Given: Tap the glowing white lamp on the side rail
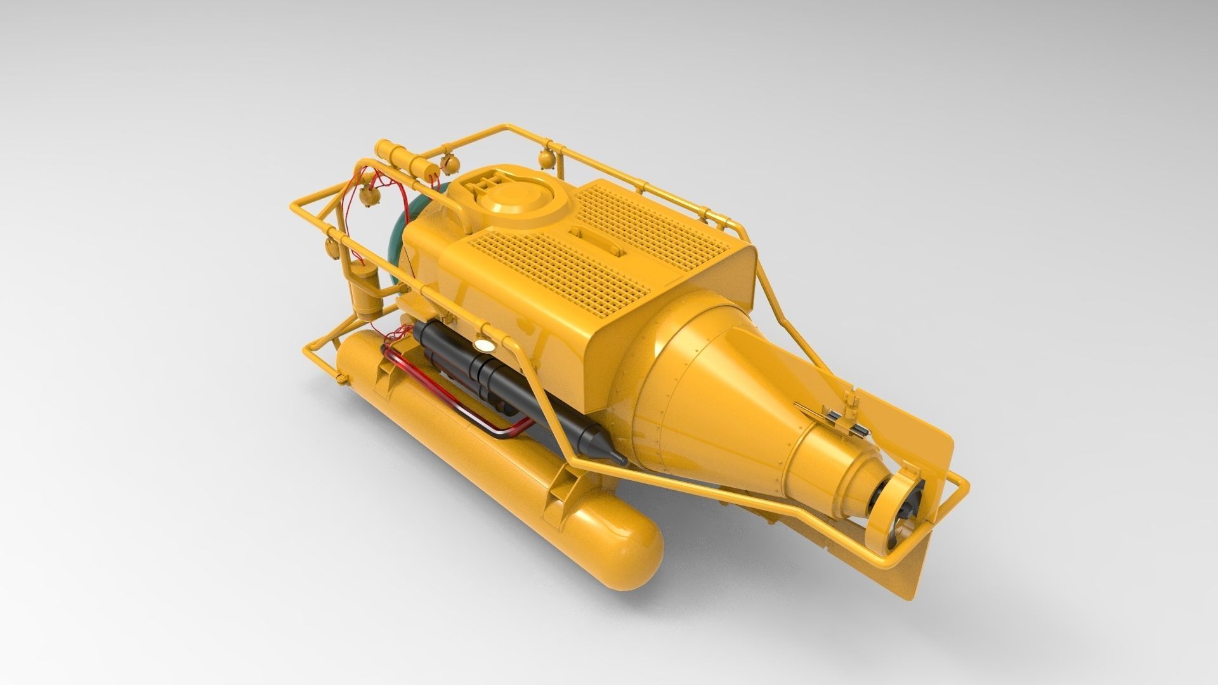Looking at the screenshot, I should click(x=484, y=346).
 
